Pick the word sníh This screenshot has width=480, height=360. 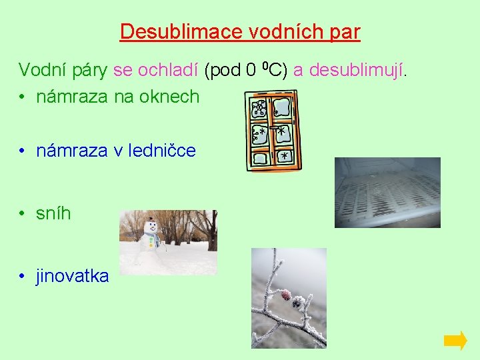(x=53, y=214)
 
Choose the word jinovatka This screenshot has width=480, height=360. (x=72, y=276)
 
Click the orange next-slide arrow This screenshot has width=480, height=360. (x=455, y=341)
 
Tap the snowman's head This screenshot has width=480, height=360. (x=151, y=227)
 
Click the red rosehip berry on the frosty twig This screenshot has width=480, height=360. (x=286, y=294)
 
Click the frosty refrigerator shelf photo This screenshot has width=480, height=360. (x=387, y=193)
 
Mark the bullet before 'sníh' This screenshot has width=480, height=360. (x=22, y=214)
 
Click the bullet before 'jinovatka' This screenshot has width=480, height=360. (x=22, y=276)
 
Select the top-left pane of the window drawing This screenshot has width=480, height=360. (x=260, y=108)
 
